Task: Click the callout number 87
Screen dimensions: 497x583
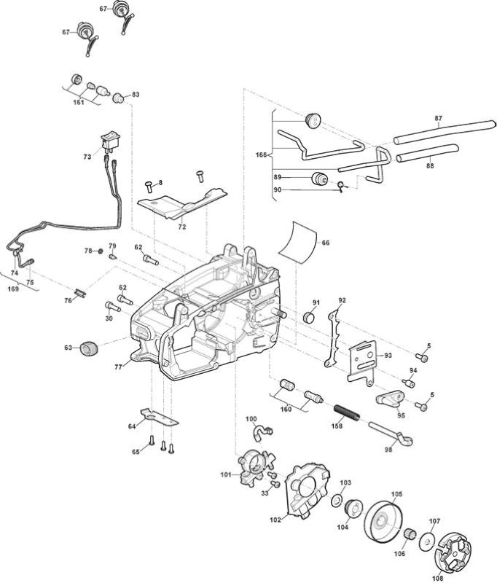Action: coord(439,118)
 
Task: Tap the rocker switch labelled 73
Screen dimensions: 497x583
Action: coord(110,141)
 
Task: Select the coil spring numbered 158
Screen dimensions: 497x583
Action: coord(347,412)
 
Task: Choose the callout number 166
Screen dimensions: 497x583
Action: coord(262,154)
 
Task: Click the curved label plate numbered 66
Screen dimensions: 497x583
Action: coord(298,242)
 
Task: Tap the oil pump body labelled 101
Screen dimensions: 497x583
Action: coord(256,466)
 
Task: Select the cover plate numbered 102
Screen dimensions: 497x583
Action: coord(307,490)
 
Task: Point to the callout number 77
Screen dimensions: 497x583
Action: coord(118,367)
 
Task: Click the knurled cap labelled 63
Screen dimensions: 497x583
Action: coord(89,348)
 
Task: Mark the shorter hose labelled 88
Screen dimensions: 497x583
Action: coord(428,153)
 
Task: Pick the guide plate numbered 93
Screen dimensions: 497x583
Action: coord(361,362)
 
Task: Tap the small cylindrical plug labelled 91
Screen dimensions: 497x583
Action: coord(308,318)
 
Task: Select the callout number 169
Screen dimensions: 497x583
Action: coord(13,289)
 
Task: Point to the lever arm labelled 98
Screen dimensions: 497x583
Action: coord(391,433)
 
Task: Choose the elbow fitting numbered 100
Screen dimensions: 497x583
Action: coord(262,432)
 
